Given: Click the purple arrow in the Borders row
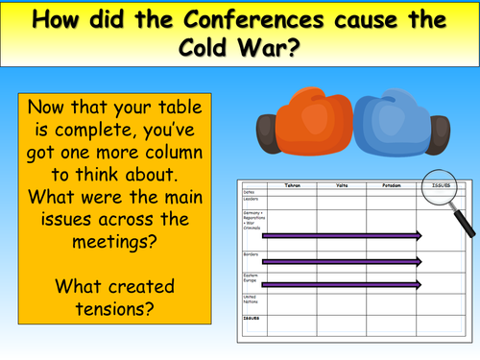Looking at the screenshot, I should [341, 261].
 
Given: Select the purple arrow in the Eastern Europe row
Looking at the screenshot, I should [341, 284].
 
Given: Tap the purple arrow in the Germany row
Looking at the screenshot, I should [341, 234].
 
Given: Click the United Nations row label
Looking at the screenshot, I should [252, 300].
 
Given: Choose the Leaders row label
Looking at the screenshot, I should [252, 200].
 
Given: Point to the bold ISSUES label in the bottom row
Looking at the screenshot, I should [252, 317].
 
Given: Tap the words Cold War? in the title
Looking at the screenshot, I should [240, 48].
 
